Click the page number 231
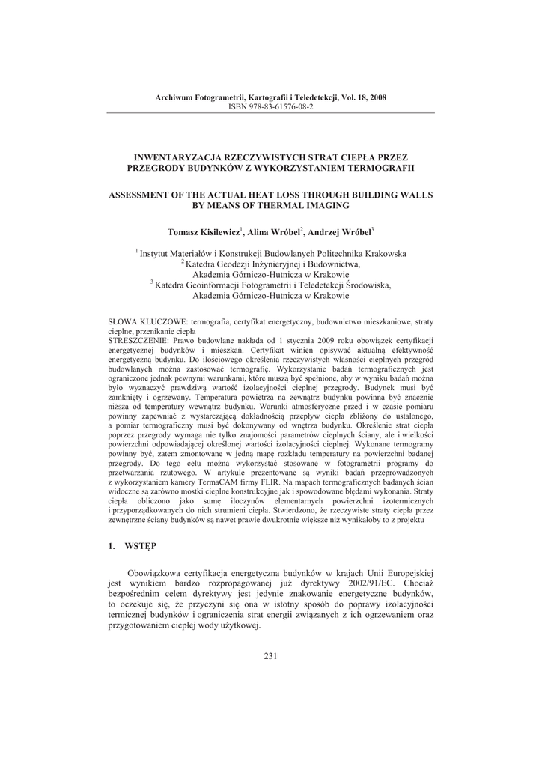coord(271,657)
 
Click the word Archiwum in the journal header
coord(174,97)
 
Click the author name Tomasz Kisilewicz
coord(202,232)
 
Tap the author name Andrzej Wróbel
coord(341,232)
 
